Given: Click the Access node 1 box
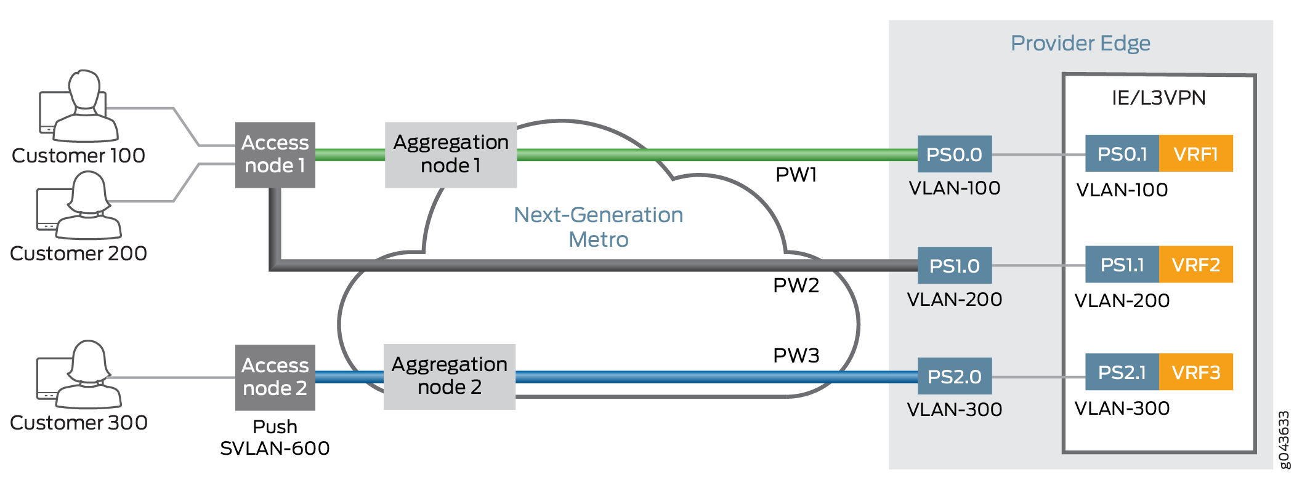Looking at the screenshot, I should (x=275, y=154).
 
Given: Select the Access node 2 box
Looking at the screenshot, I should (x=275, y=377).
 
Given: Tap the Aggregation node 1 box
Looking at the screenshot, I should (x=450, y=154).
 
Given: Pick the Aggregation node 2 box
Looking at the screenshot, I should (x=449, y=376).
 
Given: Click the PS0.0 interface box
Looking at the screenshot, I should (x=954, y=154).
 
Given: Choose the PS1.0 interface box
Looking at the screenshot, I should (x=954, y=265).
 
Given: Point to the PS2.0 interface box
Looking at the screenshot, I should (x=954, y=376).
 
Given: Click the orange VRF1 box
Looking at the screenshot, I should (x=1195, y=153).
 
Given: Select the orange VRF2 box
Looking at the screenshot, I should (x=1195, y=265).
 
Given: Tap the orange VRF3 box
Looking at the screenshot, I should (x=1195, y=372).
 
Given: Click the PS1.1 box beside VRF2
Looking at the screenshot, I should (x=1122, y=265).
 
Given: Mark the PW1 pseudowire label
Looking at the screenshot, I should (x=796, y=175).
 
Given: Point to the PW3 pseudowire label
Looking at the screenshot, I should (x=796, y=356).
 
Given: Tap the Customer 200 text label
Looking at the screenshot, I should (x=78, y=254).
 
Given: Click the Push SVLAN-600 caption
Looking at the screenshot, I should (x=275, y=438).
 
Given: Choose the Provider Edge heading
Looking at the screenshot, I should (x=1080, y=43).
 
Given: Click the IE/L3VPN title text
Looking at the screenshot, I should (x=1159, y=98).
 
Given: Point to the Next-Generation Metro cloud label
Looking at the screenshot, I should (x=598, y=226).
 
